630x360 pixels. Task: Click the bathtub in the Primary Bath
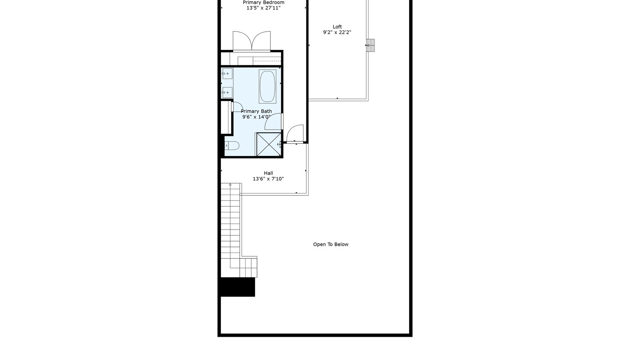coord(267,86)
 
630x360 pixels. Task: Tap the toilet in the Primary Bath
coord(232,146)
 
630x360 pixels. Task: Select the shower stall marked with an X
coord(269,144)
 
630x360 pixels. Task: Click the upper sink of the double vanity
coord(227,74)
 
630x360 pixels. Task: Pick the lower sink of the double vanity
coord(227,93)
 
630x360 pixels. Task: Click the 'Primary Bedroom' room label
coord(263,2)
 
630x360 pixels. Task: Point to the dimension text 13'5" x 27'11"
coord(263,8)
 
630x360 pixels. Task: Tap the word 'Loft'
coord(337,27)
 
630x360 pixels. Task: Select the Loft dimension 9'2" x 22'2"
coord(337,32)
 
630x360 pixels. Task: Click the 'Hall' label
coord(268,173)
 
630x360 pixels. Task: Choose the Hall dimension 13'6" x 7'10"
coord(268,179)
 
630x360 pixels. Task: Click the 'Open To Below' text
coord(331,245)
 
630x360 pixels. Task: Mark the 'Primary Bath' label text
coord(256,111)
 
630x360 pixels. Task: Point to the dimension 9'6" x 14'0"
coord(256,117)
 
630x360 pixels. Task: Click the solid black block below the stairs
coord(238,287)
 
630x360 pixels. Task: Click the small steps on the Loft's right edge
coord(371,45)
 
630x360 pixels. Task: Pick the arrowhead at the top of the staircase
coord(230,184)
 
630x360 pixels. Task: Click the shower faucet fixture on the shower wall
coord(279,144)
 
